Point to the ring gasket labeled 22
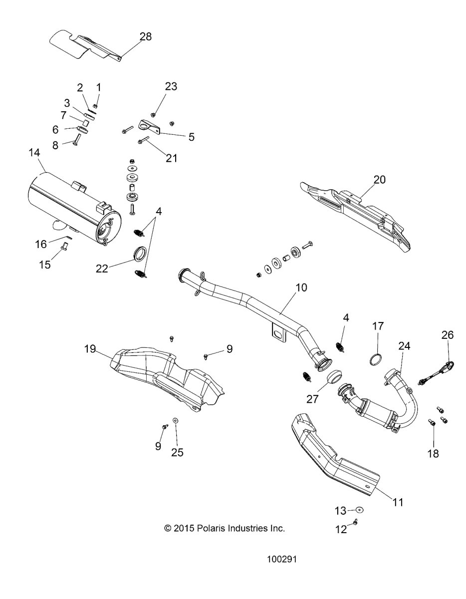(x=140, y=254)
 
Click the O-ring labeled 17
(x=378, y=359)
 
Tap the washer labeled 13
(x=359, y=510)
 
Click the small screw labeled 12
(x=356, y=522)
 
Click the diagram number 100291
(x=283, y=560)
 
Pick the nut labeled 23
(x=154, y=114)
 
